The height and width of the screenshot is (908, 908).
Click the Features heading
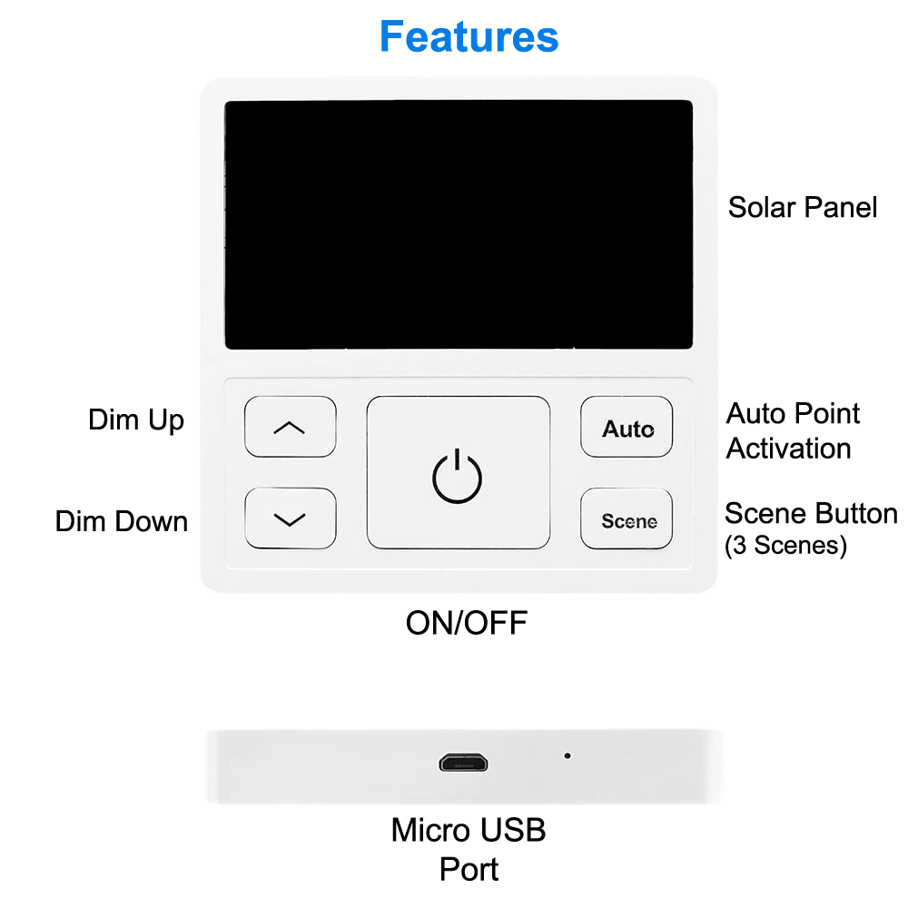click(x=469, y=37)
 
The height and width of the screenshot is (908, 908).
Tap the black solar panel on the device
click(x=459, y=224)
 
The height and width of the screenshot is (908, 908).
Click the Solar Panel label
click(x=803, y=207)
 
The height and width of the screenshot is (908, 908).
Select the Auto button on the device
click(x=627, y=427)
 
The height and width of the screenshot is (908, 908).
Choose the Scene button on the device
click(x=627, y=519)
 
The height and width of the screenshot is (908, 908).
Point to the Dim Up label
click(x=136, y=420)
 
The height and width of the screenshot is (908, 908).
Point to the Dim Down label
click(x=122, y=521)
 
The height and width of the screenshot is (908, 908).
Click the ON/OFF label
click(x=466, y=624)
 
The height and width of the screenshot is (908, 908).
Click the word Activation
click(x=788, y=449)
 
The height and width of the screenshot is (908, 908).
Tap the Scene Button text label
click(x=810, y=513)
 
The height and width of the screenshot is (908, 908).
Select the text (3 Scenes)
click(x=785, y=546)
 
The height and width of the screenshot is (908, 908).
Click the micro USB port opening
click(x=463, y=762)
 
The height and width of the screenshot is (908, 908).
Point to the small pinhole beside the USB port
click(x=567, y=755)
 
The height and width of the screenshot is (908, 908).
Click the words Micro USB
click(x=469, y=830)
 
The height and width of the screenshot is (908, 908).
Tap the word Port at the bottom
click(x=469, y=869)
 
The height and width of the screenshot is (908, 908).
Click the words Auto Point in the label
click(x=793, y=414)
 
